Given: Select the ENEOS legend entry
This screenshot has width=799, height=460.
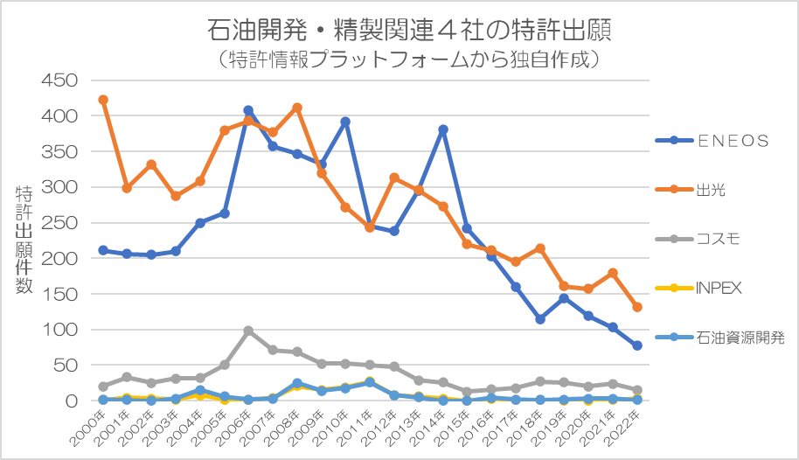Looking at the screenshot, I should pos(733,141).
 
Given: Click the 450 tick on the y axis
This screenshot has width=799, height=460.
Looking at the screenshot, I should pos(60,80).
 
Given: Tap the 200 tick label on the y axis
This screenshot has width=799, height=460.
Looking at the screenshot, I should pos(60,259).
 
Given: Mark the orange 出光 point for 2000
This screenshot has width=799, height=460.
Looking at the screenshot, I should pos(103,100).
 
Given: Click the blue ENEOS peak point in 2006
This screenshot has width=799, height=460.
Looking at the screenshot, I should pos(248,111).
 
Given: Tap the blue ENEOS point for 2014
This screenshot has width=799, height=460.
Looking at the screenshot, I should pos(443,129).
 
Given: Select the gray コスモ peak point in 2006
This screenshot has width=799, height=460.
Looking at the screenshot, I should pos(248,331).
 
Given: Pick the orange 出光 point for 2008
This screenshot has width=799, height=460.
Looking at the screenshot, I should pos(297,108).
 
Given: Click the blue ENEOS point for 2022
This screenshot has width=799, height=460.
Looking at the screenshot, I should pos(637,345).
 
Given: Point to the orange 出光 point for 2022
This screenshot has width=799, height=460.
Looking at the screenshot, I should pos(637,307).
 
